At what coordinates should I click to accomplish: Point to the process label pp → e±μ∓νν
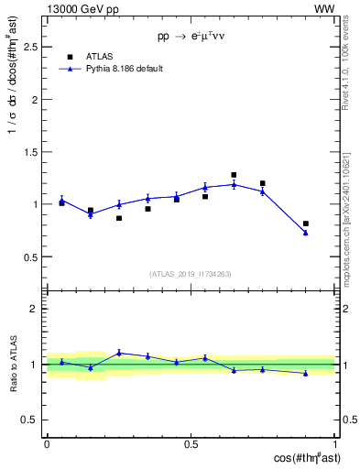191,37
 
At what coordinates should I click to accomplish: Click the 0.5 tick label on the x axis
191,444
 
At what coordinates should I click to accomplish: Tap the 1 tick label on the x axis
335,444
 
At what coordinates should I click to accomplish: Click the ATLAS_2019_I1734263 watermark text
191,274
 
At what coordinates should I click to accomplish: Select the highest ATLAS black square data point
234,175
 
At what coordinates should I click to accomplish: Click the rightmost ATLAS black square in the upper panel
306,224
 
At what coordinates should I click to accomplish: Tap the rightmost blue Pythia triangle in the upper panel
306,233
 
